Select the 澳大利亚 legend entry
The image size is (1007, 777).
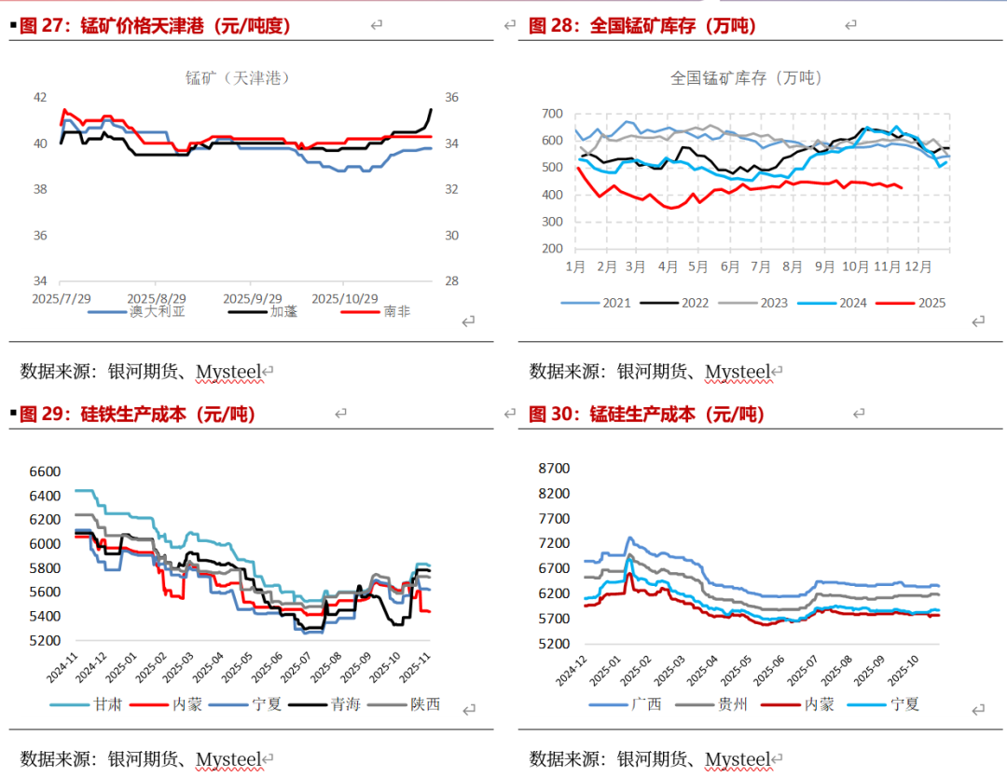click(157, 311)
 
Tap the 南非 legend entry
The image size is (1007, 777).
click(395, 311)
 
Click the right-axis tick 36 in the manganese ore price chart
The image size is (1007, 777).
click(451, 98)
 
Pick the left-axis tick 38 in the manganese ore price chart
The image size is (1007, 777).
click(40, 189)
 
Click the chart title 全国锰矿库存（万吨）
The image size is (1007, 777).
click(747, 78)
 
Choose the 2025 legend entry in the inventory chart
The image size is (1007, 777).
click(931, 303)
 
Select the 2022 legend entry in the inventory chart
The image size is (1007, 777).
click(695, 303)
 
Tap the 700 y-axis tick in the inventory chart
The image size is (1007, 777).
click(552, 114)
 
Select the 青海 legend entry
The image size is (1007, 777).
click(345, 704)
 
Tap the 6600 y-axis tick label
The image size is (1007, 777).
click(44, 471)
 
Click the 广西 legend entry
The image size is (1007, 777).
click(646, 704)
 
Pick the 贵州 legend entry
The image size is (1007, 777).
click(734, 704)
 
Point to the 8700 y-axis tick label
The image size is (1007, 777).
click(552, 468)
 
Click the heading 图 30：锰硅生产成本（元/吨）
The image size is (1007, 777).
click(644, 415)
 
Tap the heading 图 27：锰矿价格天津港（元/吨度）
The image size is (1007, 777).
click(155, 26)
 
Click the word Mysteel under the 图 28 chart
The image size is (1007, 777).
click(738, 372)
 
